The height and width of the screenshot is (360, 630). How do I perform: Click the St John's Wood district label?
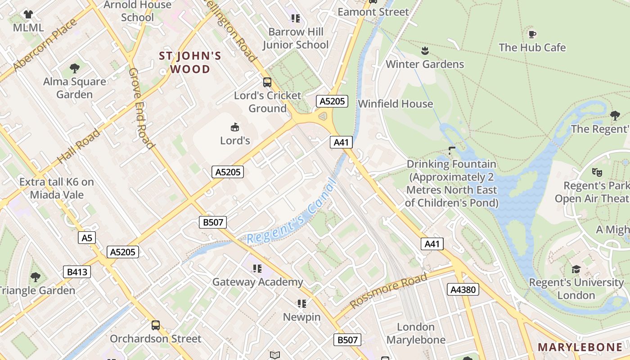click(190, 63)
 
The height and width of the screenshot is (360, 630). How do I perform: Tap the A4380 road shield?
click(463, 289)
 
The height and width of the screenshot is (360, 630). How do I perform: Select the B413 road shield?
click(76, 272)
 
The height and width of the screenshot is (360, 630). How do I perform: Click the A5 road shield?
click(87, 238)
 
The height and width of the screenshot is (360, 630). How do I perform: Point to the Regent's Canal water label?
click(291, 212)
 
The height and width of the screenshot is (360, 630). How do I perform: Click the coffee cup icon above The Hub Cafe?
click(532, 34)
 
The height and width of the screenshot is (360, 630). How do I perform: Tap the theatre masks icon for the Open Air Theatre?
click(597, 171)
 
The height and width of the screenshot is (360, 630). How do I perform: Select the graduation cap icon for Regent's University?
click(576, 269)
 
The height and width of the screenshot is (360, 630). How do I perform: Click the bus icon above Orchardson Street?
click(155, 325)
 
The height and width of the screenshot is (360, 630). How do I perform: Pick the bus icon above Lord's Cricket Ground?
click(267, 82)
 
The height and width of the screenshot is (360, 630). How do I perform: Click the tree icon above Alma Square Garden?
click(75, 68)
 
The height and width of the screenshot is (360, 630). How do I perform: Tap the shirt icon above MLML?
click(28, 14)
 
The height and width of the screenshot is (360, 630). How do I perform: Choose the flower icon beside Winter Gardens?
click(424, 50)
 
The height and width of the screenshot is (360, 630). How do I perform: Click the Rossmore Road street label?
click(389, 291)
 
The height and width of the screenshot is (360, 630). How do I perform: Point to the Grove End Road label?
click(141, 108)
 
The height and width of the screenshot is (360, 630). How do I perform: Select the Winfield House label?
click(395, 103)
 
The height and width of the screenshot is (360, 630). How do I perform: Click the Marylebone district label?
click(580, 347)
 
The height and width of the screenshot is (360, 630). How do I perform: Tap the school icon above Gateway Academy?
click(257, 269)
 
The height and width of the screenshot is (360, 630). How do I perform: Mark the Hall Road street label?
click(79, 146)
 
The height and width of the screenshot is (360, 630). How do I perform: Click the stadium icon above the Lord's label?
click(234, 127)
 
